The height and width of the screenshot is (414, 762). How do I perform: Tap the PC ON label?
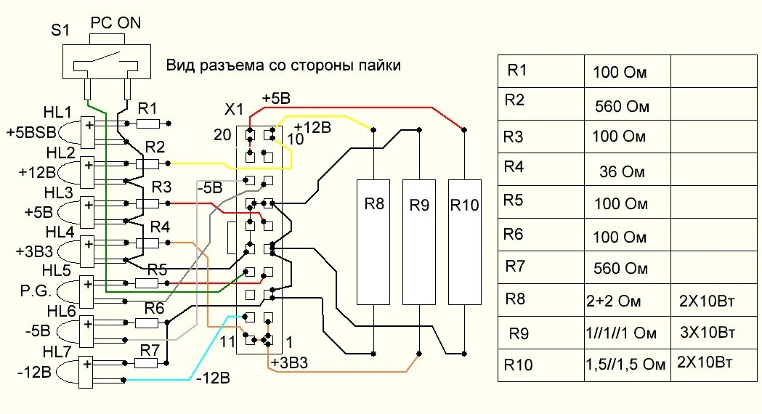[x=115, y=23]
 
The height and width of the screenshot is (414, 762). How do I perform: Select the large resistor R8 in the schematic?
[x=373, y=241]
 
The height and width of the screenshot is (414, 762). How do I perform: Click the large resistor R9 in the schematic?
[x=419, y=241]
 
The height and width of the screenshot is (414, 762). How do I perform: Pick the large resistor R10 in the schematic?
[x=465, y=241]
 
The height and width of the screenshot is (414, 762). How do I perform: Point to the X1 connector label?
[x=235, y=110]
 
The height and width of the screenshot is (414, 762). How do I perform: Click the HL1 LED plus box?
[x=89, y=126]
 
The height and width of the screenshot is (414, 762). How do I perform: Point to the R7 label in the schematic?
[x=150, y=349]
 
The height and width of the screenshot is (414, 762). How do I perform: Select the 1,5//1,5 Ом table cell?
[x=625, y=365]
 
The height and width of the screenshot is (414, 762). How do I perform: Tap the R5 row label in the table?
[x=516, y=201]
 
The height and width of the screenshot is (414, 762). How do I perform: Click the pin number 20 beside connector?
[x=222, y=134]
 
